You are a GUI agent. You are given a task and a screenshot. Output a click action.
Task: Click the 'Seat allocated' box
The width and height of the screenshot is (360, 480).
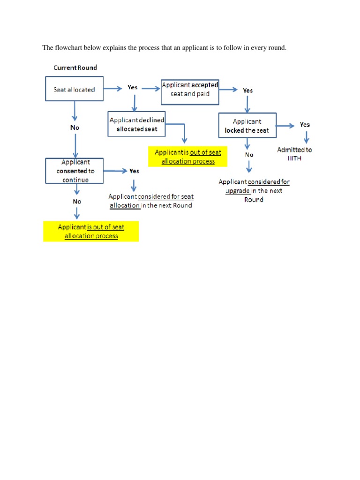click(x=74, y=90)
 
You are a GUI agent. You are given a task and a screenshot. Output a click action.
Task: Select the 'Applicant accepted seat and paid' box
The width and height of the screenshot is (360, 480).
click(x=190, y=92)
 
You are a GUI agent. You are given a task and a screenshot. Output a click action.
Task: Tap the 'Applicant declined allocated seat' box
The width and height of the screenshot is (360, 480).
click(x=137, y=124)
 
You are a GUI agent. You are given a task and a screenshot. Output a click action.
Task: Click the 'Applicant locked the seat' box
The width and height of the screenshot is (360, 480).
click(x=247, y=126)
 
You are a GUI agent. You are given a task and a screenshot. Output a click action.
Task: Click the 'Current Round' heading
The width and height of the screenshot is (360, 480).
click(x=75, y=67)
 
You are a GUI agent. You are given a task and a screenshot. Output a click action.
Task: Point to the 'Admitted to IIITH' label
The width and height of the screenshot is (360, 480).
click(x=294, y=154)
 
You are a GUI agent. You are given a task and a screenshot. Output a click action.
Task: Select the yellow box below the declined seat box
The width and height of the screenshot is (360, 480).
click(x=188, y=157)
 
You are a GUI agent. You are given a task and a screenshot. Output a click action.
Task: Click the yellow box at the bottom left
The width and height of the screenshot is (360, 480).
click(x=91, y=231)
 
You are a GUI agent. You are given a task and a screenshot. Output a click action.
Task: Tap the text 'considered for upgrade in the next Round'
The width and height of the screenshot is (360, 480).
click(x=254, y=190)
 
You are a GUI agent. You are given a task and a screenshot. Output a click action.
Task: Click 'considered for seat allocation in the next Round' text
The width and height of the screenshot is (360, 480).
click(x=150, y=201)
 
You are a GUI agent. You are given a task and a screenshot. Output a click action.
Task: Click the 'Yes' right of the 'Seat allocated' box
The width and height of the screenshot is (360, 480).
click(x=133, y=87)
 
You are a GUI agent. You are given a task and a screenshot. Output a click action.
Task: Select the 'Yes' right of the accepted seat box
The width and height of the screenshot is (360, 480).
click(x=247, y=90)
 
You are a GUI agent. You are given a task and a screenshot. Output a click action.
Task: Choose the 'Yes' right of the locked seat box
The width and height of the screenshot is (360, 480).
click(x=305, y=125)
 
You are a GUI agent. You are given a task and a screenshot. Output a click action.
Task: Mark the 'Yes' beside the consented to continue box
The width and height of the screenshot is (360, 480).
click(x=134, y=171)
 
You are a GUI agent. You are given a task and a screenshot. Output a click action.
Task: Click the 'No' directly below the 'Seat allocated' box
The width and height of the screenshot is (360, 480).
click(x=75, y=127)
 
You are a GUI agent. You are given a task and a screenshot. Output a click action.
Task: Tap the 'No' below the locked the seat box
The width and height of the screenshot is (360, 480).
click(x=249, y=154)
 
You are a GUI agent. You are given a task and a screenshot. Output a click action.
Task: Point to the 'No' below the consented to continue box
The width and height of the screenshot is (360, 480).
click(x=76, y=201)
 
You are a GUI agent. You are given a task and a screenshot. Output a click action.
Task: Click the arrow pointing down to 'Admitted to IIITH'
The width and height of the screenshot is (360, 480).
click(x=307, y=137)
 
